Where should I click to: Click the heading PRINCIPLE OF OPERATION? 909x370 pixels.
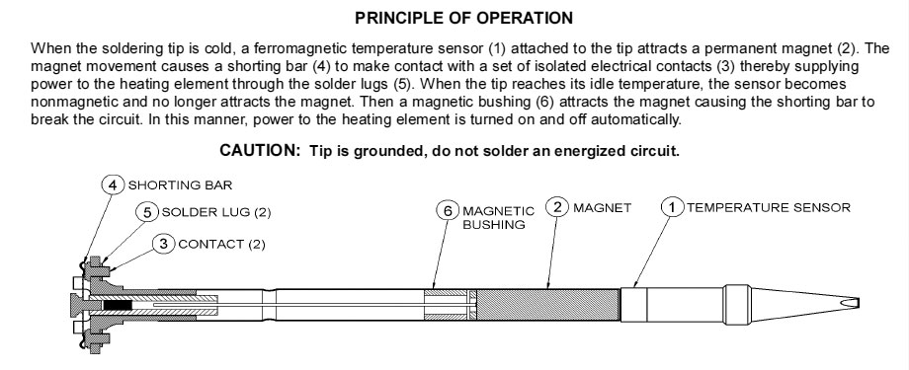pos(463,18)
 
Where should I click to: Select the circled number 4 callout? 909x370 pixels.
pos(113,185)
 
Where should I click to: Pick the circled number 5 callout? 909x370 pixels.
pos(147,212)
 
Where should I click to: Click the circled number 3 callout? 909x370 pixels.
pos(163,244)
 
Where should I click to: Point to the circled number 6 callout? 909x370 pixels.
pos(448,211)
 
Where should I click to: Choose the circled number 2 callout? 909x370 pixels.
pos(557,207)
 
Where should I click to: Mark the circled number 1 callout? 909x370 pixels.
pos(673,207)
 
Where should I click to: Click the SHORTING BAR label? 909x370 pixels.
pos(180,185)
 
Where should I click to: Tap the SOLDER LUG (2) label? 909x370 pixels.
pos(216,212)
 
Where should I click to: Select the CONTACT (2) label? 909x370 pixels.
pos(221,245)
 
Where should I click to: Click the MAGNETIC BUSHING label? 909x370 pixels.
pos(498,218)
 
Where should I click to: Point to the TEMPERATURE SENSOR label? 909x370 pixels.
pos(769,207)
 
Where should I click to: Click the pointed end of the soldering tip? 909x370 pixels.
pos(859,304)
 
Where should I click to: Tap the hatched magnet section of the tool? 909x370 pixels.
pos(547,305)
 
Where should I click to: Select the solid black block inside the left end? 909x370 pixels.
pos(118,305)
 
